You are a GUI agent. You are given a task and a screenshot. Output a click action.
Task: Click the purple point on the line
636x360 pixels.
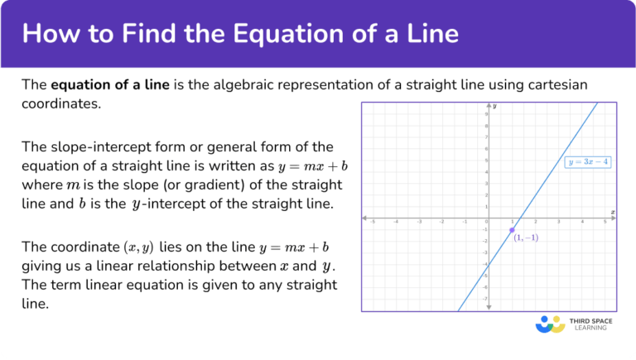pos(513,229)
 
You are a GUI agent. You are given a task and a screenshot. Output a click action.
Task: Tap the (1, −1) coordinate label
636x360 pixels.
pos(526,238)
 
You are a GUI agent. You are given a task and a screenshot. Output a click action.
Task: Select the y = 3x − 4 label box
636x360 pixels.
pos(588,162)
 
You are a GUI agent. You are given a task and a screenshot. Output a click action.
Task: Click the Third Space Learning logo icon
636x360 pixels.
pos(551,323)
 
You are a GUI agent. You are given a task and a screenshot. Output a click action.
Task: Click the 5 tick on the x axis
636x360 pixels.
pos(605,223)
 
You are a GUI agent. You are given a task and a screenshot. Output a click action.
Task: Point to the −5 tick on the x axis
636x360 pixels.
pos(373,223)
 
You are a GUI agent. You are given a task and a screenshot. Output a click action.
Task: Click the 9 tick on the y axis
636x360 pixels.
pos(484,113)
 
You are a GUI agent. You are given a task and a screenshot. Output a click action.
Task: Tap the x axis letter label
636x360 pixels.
pos(612,213)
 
